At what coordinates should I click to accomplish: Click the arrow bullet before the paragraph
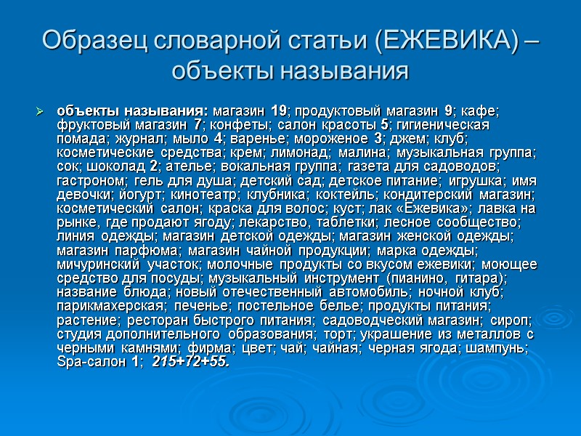41,112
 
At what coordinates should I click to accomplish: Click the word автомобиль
363,291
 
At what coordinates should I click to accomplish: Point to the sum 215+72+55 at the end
191,361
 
